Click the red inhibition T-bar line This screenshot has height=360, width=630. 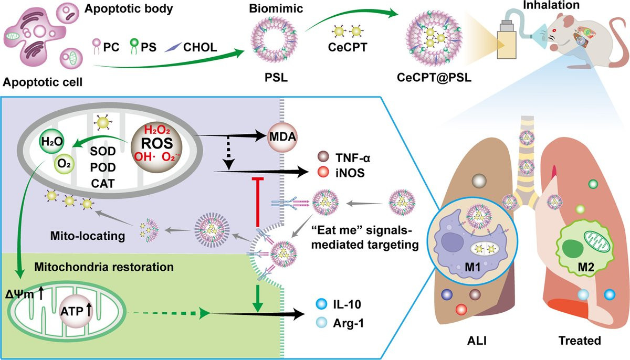(257, 205)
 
